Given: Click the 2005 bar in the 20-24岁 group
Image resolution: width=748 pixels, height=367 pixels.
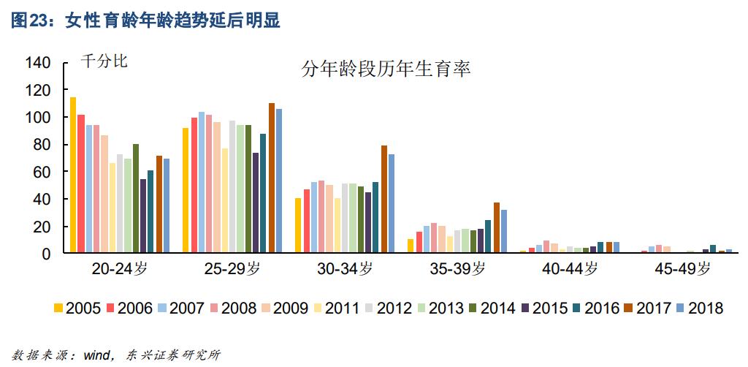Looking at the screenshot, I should (73, 175).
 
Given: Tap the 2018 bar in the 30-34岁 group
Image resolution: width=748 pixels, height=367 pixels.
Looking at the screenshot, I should (392, 204).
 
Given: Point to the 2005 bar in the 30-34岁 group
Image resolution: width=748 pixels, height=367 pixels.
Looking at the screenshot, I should (298, 226).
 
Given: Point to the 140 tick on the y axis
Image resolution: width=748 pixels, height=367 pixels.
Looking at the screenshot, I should (38, 63).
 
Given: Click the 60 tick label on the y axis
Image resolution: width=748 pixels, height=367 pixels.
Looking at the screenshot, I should (42, 172).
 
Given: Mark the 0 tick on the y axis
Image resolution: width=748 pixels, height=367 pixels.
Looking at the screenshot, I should (46, 254).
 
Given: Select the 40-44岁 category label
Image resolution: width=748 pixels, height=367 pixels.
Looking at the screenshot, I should (570, 269).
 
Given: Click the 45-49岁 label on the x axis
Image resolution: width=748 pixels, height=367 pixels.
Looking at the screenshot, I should (682, 269).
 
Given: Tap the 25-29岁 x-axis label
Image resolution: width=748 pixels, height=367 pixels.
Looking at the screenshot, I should (232, 269).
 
